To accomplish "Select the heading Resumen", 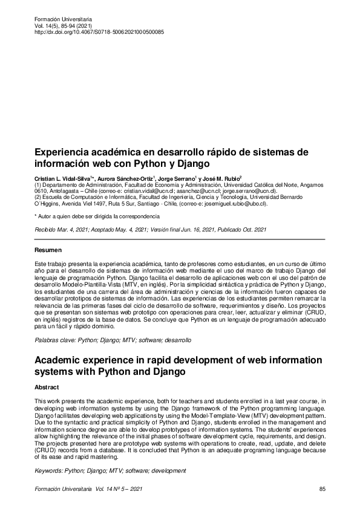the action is coord(48,250).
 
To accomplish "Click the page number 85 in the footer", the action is coord(322,488).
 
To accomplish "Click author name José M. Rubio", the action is coord(223,179).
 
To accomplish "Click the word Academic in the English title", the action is coord(62,361).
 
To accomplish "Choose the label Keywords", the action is coord(50,470).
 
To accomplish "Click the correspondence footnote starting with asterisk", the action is coord(97,216).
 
